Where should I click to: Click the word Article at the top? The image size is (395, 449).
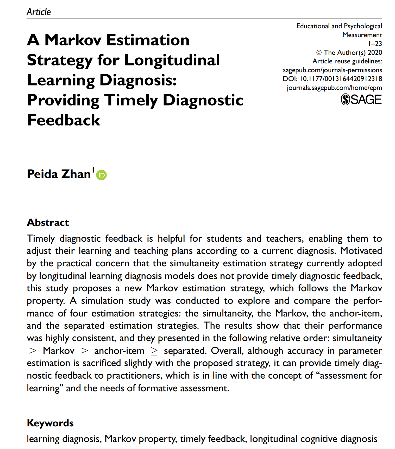tap(39, 12)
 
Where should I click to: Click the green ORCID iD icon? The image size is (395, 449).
tap(101, 175)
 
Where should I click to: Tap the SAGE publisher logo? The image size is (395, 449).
tap(361, 100)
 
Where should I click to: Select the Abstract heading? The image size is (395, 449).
tap(48, 222)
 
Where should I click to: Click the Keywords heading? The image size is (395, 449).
tap(50, 423)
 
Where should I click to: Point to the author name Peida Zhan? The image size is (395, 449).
tap(59, 174)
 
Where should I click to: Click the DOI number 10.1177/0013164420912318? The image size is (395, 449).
tap(341, 79)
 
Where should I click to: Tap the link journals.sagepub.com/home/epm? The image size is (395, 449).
tap(334, 88)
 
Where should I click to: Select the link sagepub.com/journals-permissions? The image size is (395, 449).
tap(332, 70)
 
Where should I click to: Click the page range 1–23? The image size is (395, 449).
tap(375, 44)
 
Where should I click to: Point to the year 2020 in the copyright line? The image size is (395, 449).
tap(375, 52)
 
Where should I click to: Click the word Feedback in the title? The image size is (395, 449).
tap(64, 120)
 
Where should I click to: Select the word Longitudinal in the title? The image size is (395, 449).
tap(172, 60)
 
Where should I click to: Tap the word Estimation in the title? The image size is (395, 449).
tap(148, 40)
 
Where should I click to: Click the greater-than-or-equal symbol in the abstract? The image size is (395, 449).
tap(154, 351)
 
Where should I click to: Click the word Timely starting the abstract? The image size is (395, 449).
tap(41, 239)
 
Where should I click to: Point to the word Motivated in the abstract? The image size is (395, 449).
tap(361, 251)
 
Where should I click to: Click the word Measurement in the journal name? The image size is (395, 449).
tap(362, 35)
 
